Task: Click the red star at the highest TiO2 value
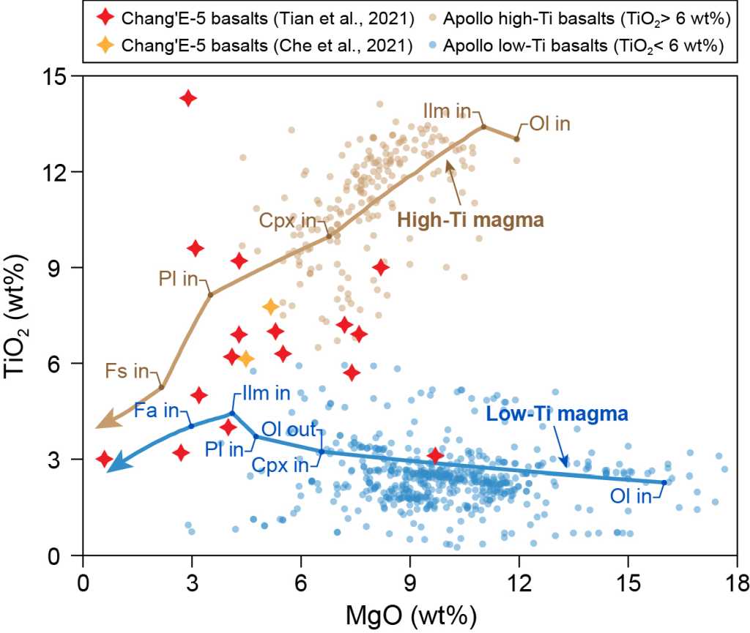click(188, 98)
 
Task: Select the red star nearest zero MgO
click(104, 459)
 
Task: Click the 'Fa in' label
click(156, 412)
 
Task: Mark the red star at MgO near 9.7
click(436, 456)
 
